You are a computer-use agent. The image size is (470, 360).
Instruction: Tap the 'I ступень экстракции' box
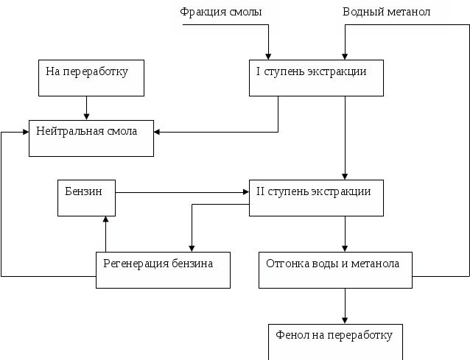316,77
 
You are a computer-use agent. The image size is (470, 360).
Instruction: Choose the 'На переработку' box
91,78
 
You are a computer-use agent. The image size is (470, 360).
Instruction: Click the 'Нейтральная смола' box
91,137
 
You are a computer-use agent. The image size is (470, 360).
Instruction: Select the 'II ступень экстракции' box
316,197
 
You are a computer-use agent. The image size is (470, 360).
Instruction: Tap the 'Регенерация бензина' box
163,269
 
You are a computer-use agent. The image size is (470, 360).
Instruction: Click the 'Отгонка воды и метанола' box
335,269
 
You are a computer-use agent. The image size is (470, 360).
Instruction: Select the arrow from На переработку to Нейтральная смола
88,107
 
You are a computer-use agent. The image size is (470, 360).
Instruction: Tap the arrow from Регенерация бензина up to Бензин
107,234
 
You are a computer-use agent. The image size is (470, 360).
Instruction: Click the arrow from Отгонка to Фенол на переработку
344,306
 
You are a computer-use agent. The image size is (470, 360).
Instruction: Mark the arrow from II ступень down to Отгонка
344,234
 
